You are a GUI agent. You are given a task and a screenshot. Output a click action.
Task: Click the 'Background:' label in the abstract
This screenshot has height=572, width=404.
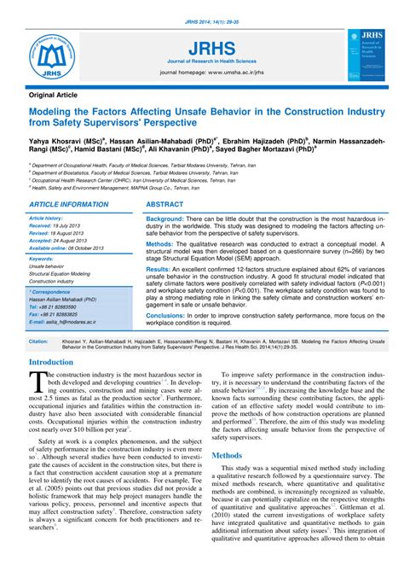pos(170,220)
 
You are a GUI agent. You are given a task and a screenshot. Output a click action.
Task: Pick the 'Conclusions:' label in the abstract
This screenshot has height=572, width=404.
pos(170,315)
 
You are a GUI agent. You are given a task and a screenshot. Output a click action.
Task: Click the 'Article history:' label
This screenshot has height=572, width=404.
pos(48,218)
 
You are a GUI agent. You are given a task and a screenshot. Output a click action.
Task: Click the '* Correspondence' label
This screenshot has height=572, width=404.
pos(50,291)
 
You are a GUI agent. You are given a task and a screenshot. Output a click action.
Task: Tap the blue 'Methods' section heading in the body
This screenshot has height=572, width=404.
pos(227,456)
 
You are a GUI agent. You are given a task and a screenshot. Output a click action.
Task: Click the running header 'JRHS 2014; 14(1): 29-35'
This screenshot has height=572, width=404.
pos(202,8)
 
